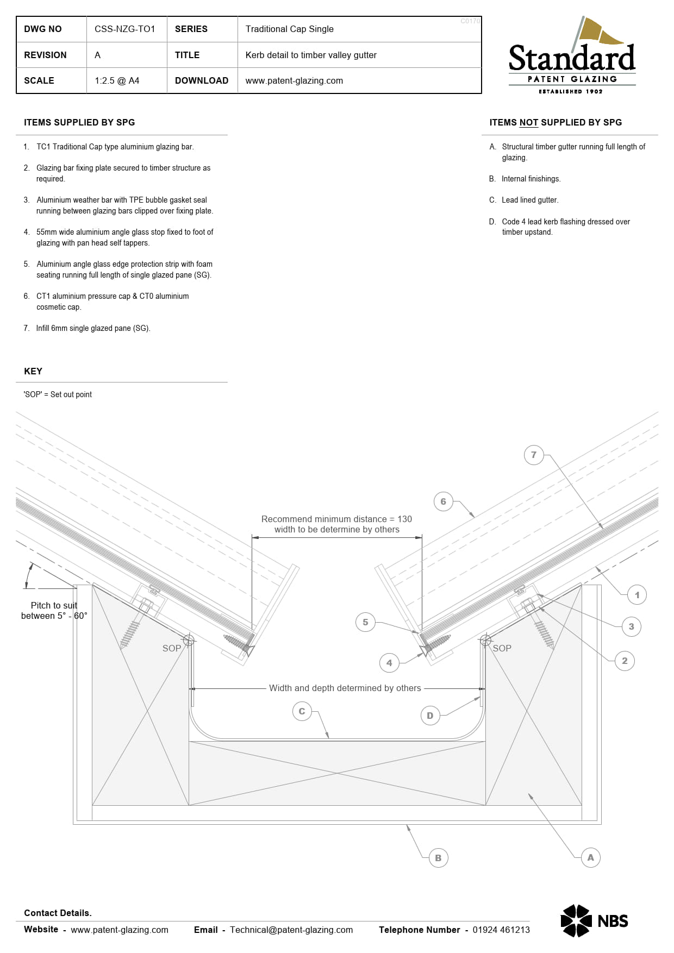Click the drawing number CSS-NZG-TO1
[124, 29]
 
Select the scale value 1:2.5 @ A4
[117, 80]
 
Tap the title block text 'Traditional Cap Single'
[289, 29]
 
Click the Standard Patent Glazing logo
[572, 55]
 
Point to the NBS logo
[594, 920]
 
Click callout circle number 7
[534, 455]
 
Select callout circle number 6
[443, 501]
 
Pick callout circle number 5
[365, 622]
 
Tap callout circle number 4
[389, 663]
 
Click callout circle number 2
[625, 661]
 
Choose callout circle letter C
[302, 711]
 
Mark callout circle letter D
[430, 716]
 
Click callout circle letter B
[438, 858]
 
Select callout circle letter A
[591, 857]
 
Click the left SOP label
[172, 648]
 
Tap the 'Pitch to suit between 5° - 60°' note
[54, 611]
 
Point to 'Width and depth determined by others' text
[345, 688]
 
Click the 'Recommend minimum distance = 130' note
[336, 519]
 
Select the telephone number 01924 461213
[501, 930]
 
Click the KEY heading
[33, 371]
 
